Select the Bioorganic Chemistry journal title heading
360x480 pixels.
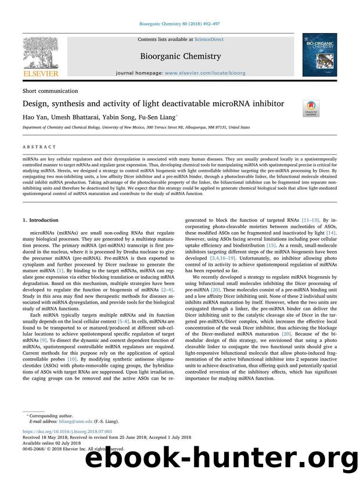pyautogui.click(x=180, y=56)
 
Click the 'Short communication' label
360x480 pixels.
pyautogui.click(x=50, y=91)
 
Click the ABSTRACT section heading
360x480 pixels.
pyautogui.click(x=39, y=147)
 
